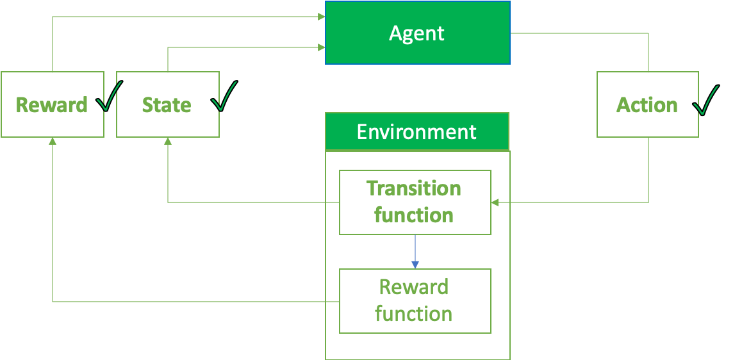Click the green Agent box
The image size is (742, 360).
point(417,33)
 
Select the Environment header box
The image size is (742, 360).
point(417,132)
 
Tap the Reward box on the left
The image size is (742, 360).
point(52,104)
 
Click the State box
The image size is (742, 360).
point(167,104)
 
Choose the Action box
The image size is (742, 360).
point(647,104)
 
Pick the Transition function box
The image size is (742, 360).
point(415,202)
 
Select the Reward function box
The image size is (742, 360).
point(415,301)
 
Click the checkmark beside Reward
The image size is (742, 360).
point(109,98)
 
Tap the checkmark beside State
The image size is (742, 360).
point(225,97)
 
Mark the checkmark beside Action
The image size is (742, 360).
point(705,100)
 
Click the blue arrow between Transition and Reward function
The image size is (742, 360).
point(415,252)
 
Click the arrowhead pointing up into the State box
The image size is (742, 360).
point(168,142)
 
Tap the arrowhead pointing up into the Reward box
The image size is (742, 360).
point(53,142)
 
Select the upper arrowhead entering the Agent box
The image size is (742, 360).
point(321,17)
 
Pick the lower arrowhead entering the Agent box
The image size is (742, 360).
point(321,47)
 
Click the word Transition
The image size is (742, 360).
point(413,189)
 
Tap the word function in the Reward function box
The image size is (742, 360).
point(413,314)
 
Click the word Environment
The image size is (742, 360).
point(416,132)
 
